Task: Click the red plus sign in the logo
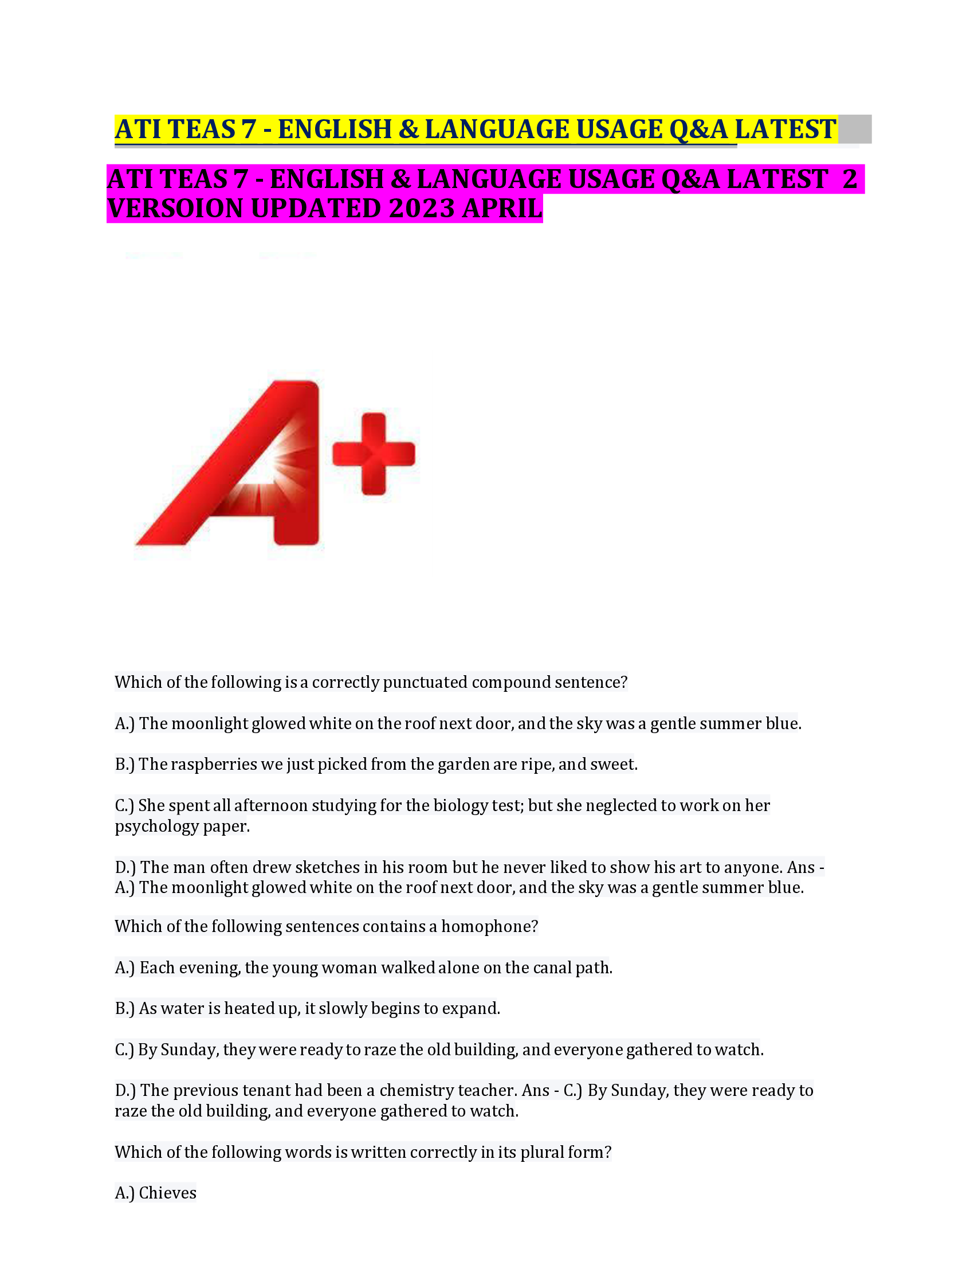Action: [374, 454]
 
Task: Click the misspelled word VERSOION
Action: [176, 209]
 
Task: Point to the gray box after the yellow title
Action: [855, 129]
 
